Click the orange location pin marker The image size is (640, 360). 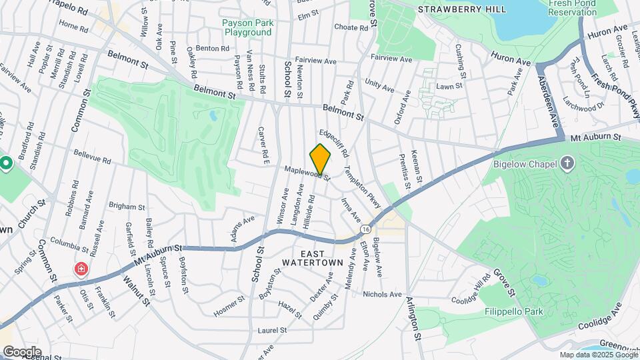click(321, 159)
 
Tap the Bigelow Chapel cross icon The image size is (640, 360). click(567, 163)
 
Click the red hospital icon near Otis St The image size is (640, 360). click(81, 269)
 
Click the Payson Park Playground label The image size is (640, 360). click(249, 27)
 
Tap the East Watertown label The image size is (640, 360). click(321, 258)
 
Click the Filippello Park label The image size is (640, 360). click(514, 311)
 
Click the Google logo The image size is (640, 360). click(21, 351)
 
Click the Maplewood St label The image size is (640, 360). click(307, 172)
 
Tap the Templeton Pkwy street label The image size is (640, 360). click(354, 179)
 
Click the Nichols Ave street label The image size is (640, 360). click(383, 294)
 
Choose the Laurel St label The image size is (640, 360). click(273, 329)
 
